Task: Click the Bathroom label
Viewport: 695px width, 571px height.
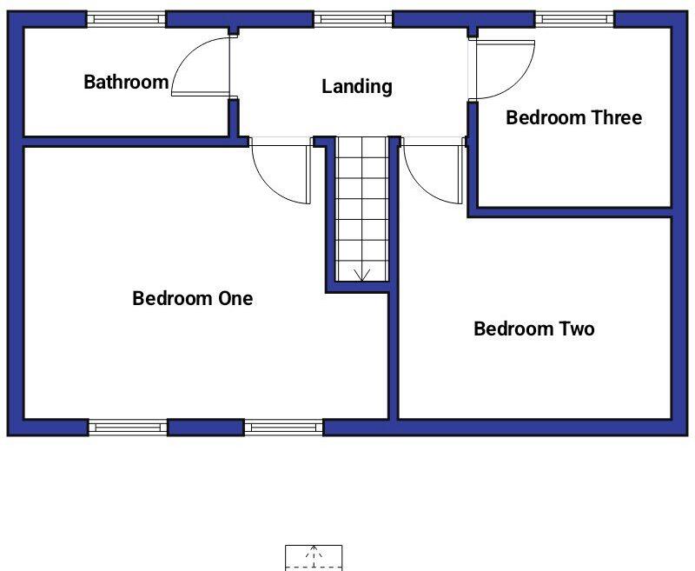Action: coord(126,83)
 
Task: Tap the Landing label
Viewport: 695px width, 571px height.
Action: coord(357,87)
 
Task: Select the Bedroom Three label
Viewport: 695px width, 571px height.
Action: coord(573,117)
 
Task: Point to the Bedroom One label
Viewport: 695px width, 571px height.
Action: coord(193,298)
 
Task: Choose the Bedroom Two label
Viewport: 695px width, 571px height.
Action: coord(534,329)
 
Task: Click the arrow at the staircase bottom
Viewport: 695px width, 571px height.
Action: coord(361,275)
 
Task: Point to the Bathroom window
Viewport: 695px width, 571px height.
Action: coord(127,18)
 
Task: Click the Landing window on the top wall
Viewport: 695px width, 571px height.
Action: coord(353,18)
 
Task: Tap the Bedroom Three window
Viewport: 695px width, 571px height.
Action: coord(574,18)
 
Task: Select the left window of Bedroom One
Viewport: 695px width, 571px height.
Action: coord(127,427)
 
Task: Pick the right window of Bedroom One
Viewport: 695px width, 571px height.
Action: coord(283,427)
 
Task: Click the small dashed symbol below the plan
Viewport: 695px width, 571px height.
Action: coord(314,557)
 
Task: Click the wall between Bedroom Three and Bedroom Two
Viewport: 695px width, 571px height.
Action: coord(573,212)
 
